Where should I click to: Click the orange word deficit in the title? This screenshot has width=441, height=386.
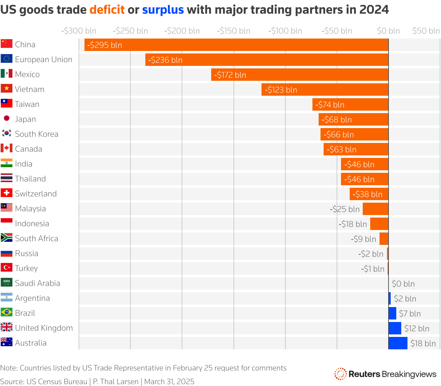tap(107, 10)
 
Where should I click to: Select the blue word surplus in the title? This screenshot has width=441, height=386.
tap(163, 10)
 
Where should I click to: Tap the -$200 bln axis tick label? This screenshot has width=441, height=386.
tap(182, 31)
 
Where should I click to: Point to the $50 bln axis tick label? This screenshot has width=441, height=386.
tap(426, 31)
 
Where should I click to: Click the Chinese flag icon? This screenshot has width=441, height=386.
tap(7, 44)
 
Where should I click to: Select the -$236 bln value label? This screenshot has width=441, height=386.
tap(165, 60)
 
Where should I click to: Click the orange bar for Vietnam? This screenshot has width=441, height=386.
tap(325, 90)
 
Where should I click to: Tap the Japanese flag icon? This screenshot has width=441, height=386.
tap(7, 118)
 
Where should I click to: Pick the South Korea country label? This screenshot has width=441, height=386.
tap(37, 134)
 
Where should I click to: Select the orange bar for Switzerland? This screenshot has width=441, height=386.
tap(369, 194)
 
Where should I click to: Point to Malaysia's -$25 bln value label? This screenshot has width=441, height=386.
tap(344, 209)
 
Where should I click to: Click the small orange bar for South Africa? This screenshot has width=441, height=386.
tap(384, 239)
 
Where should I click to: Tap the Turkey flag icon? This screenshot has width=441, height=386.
tap(7, 268)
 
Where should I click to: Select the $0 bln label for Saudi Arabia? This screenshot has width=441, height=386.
tap(403, 284)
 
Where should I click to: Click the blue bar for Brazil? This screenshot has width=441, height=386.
tap(392, 313)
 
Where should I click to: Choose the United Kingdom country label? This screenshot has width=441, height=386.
tap(44, 328)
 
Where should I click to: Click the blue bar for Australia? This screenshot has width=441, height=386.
tap(398, 343)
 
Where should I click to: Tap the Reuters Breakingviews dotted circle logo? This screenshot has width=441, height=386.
tap(340, 374)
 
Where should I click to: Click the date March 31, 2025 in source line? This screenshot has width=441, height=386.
tap(169, 382)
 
